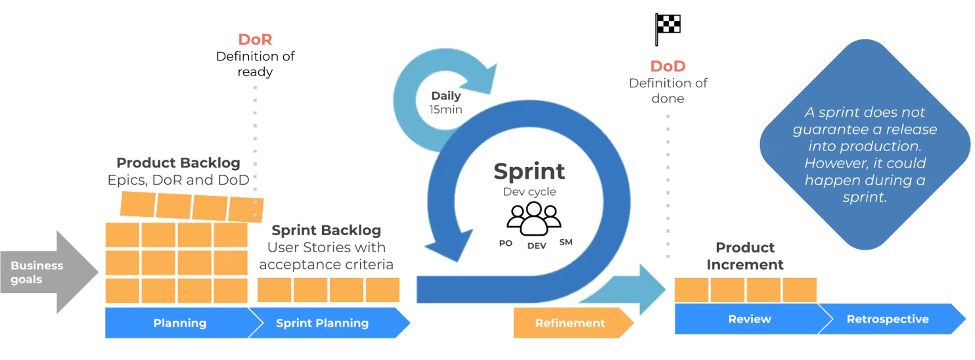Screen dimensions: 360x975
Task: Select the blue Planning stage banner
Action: tap(179, 323)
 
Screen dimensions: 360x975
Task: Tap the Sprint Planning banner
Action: tap(323, 323)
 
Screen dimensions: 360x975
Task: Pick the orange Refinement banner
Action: tap(570, 323)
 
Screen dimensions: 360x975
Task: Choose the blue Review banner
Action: tap(749, 319)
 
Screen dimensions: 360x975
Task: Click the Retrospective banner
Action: tap(888, 319)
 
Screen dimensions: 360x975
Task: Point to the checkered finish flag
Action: tap(668, 28)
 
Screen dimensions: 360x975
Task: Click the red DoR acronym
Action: tap(255, 39)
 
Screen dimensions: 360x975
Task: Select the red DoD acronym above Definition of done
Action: tap(668, 66)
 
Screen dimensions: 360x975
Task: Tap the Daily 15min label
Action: tap(446, 102)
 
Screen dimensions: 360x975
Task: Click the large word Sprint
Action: tap(529, 171)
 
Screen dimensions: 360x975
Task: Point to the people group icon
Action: tap(533, 218)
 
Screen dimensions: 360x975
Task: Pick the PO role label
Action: tap(505, 242)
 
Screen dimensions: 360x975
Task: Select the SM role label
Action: tap(565, 242)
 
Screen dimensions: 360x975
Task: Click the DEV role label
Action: tap(537, 245)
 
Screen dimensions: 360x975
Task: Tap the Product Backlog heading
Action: tap(178, 162)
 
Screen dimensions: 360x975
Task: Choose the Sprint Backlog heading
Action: tap(326, 230)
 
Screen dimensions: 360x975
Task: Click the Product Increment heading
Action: tap(745, 256)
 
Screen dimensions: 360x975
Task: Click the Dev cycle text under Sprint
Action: tap(529, 192)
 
